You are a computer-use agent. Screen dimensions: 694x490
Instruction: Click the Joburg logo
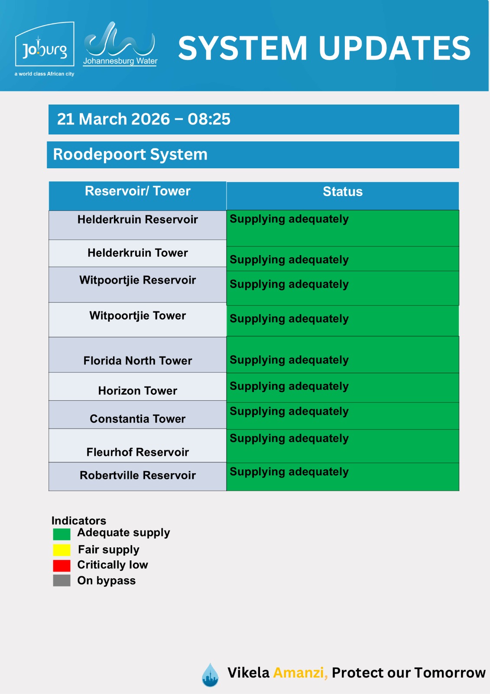pyautogui.click(x=45, y=49)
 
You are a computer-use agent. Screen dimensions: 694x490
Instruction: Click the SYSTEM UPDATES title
pyautogui.click(x=324, y=48)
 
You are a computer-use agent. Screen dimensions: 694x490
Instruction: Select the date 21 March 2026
pyautogui.click(x=114, y=119)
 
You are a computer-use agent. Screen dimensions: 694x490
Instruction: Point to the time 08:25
pyautogui.click(x=209, y=119)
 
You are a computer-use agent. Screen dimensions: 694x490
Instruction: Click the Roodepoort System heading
pyautogui.click(x=130, y=154)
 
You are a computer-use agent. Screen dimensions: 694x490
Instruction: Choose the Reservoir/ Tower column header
pyautogui.click(x=137, y=191)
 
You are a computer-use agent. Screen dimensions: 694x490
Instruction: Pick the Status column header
pyautogui.click(x=342, y=192)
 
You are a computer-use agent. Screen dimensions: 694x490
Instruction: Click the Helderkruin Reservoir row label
pyautogui.click(x=137, y=219)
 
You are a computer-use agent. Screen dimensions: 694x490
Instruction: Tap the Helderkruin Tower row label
pyautogui.click(x=137, y=253)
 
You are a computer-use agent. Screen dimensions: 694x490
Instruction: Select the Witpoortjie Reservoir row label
pyautogui.click(x=137, y=280)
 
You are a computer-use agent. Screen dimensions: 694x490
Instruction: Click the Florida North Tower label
pyautogui.click(x=137, y=361)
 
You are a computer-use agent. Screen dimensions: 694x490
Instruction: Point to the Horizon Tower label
pyautogui.click(x=137, y=391)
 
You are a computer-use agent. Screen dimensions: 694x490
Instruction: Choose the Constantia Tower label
pyautogui.click(x=137, y=419)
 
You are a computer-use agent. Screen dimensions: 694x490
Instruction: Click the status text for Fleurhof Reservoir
pyautogui.click(x=289, y=439)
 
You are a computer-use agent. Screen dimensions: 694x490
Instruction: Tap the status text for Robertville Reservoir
pyautogui.click(x=289, y=472)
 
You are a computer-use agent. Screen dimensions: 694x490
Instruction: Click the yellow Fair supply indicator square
pyautogui.click(x=62, y=550)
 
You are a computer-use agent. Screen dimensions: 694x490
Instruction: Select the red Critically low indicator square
pyautogui.click(x=62, y=566)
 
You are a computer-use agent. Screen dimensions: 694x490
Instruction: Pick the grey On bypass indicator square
pyautogui.click(x=62, y=581)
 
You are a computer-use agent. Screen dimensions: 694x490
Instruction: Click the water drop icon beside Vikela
pyautogui.click(x=210, y=675)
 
